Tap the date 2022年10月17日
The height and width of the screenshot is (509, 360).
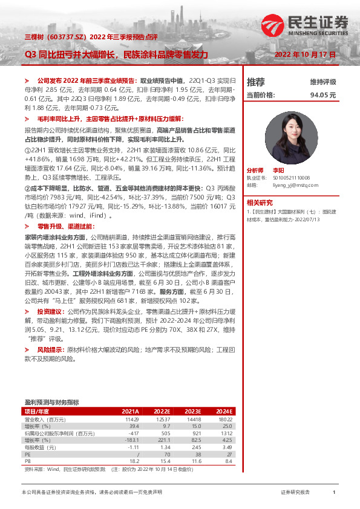pos(304,54)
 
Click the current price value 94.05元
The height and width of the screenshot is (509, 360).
pos(322,95)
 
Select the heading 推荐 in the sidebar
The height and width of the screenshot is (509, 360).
pos(256,82)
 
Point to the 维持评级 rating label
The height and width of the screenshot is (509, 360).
pos(322,82)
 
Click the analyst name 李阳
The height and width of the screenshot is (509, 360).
pos(278,171)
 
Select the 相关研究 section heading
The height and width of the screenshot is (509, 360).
pos(260,203)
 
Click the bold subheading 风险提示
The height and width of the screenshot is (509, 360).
pos(50,350)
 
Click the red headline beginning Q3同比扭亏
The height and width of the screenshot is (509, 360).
pos(116,54)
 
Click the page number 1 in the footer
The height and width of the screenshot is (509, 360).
pos(334,493)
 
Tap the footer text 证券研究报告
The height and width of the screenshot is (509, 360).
pos(295,493)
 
